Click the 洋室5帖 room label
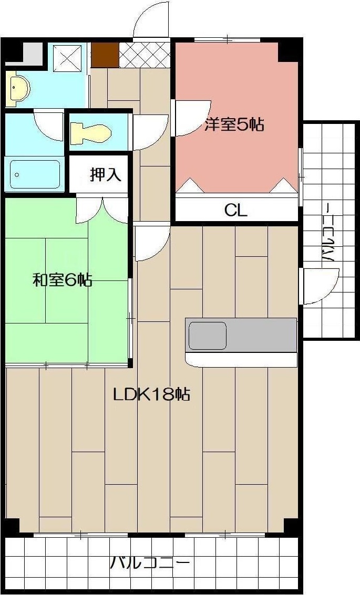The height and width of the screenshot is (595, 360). pyautogui.click(x=234, y=125)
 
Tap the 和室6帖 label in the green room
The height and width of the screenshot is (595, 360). pyautogui.click(x=63, y=280)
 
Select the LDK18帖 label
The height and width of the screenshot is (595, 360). pyautogui.click(x=151, y=394)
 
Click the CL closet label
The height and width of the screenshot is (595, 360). pyautogui.click(x=235, y=210)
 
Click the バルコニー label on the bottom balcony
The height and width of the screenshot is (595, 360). pyautogui.click(x=150, y=564)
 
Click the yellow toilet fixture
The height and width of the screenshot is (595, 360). pyautogui.click(x=90, y=132)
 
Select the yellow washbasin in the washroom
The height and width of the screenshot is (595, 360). pyautogui.click(x=18, y=87)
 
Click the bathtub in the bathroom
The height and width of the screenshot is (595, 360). pyautogui.click(x=35, y=174)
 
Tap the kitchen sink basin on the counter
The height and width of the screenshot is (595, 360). pyautogui.click(x=208, y=336)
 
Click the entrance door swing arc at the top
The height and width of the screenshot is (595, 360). pyautogui.click(x=151, y=21)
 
